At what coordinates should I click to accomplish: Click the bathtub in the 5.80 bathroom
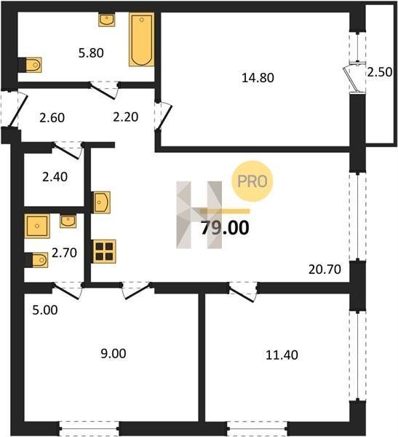141,39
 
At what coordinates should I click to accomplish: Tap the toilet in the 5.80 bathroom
33,66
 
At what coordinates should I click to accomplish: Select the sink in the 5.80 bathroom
107,20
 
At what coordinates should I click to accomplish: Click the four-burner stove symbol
104,251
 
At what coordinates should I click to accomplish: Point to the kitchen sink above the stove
102,202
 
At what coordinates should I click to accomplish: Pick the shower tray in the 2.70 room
37,226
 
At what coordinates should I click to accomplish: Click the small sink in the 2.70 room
68,221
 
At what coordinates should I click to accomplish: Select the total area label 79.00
225,228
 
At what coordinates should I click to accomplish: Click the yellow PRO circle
252,181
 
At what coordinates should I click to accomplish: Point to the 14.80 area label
258,78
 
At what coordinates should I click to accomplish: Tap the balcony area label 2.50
380,72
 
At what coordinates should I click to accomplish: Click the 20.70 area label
325,269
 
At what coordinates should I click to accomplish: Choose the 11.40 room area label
282,355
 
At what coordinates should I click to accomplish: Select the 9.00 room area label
113,354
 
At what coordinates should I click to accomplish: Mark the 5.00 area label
45,310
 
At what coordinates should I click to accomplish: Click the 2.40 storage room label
55,177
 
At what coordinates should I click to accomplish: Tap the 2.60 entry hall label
52,118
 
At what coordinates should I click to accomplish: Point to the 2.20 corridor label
126,117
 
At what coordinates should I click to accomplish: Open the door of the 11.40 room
243,292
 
